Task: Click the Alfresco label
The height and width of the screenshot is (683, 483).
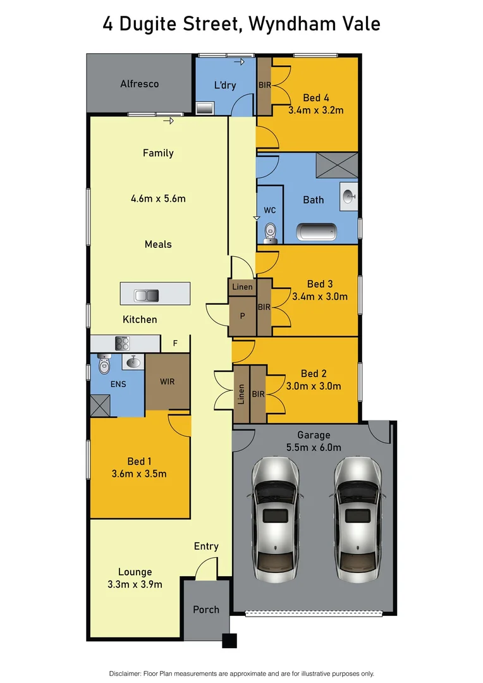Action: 140,83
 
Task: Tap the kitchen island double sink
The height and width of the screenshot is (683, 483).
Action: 146,295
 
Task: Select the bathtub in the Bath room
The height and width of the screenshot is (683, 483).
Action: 317,232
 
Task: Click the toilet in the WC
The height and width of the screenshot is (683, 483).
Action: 270,233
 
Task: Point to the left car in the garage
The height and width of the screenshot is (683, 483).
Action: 275,519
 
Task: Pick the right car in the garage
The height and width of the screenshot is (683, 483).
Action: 357,519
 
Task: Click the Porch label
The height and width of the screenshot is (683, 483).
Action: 206,610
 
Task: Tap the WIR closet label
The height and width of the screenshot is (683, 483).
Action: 168,381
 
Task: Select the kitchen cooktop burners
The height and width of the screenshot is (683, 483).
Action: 121,343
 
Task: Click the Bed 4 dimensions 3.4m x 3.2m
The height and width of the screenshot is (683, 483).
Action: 315,110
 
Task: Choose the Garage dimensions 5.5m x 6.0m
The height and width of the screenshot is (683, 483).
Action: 314,448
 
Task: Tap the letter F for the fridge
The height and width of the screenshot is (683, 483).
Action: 175,344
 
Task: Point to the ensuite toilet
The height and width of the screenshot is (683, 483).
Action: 104,365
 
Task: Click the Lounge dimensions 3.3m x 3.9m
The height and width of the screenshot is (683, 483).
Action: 135,584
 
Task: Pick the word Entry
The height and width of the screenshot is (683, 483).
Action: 206,546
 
